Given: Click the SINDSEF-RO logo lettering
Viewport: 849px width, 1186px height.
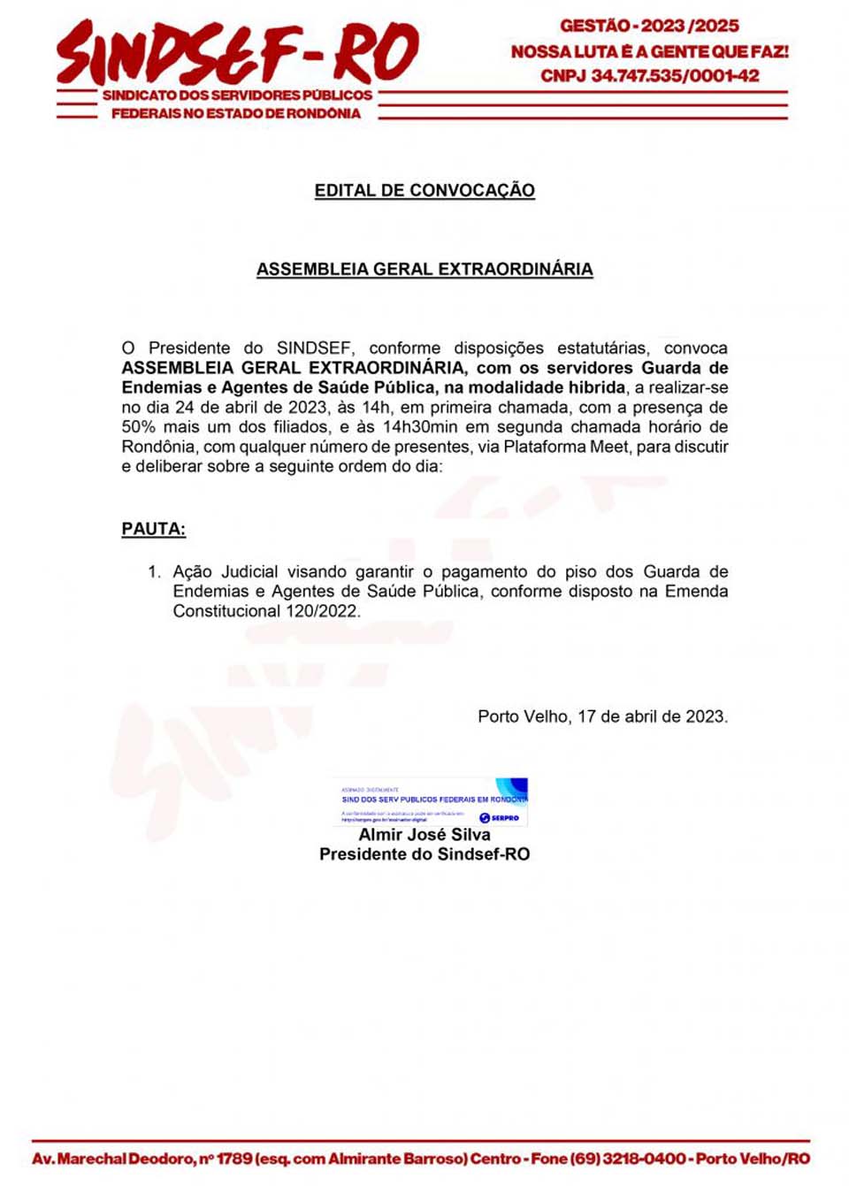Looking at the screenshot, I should [237, 53].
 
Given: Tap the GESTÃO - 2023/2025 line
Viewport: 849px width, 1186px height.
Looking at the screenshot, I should [649, 26].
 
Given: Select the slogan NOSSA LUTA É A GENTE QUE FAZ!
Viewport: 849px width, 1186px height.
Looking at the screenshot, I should [649, 51].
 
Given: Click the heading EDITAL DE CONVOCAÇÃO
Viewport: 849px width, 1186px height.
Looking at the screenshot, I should [424, 190].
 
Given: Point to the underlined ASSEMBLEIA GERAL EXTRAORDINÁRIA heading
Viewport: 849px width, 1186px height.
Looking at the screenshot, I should [424, 269].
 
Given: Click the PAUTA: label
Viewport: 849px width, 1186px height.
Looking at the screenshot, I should [153, 529].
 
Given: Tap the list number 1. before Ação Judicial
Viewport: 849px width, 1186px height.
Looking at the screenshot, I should [154, 572].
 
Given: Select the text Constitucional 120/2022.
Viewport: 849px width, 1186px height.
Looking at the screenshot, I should [266, 611].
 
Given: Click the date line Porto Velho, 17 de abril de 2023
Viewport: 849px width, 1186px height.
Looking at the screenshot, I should [602, 716].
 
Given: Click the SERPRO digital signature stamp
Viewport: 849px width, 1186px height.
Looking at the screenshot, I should [432, 801].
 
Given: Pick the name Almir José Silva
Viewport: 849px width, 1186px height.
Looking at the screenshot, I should [424, 834].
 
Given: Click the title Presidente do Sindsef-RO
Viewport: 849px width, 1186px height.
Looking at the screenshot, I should [424, 854].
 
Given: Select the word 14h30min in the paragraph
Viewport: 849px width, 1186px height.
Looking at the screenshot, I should [420, 427].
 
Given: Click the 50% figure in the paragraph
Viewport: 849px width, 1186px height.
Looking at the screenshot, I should [138, 427].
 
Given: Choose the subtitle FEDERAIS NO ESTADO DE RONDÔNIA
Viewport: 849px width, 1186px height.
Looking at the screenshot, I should [236, 113].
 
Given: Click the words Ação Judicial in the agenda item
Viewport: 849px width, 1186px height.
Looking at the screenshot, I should [226, 572].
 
